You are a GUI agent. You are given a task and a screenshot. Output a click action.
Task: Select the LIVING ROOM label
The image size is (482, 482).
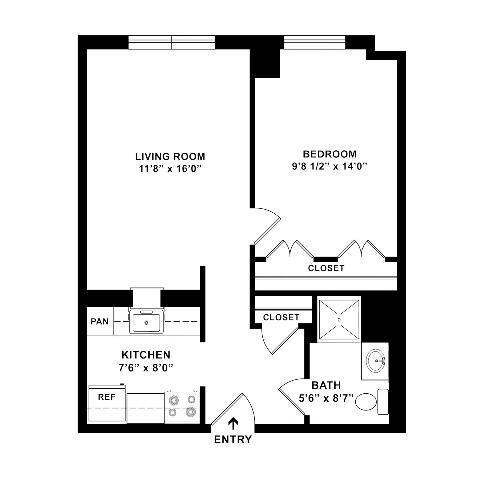point(170,157)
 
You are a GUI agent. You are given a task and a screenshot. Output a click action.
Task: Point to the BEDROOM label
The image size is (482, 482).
point(330,154)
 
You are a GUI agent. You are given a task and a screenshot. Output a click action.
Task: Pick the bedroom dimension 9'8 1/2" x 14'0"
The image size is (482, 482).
point(330,166)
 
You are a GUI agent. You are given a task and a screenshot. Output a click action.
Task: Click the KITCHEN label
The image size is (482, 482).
point(146,355)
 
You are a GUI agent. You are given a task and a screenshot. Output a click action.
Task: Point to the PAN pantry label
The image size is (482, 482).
point(100,322)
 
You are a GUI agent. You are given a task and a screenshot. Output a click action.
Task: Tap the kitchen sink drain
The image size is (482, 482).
point(146,322)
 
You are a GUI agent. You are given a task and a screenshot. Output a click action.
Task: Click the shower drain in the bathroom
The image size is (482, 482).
point(339,320)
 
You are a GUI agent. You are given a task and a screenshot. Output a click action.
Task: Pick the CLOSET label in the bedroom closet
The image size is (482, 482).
point(326,268)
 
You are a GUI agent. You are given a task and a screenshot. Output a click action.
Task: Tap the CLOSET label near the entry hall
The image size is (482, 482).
point(281,318)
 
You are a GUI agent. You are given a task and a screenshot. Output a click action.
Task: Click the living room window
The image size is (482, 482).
point(172,42)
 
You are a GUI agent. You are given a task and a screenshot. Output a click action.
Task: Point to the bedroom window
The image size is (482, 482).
point(315,42)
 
